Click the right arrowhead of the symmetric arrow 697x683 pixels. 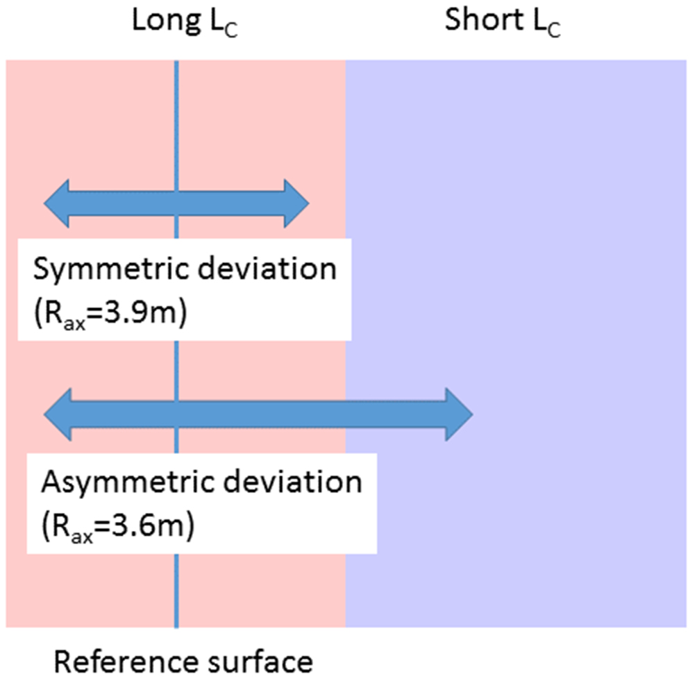(x=296, y=203)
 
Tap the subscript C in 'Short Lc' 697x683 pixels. (x=553, y=31)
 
